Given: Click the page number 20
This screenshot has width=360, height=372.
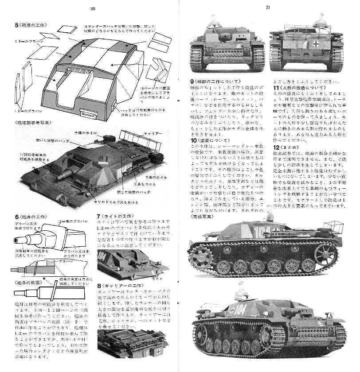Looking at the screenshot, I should (93, 8).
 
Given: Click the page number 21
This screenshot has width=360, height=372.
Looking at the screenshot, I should (268, 7).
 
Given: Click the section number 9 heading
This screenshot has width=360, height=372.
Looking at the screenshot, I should (192, 81).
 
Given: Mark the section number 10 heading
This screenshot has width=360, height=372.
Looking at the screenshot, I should (192, 140).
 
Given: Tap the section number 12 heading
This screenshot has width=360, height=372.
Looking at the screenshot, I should (276, 147).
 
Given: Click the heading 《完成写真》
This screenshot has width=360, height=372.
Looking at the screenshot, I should (202, 217).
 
